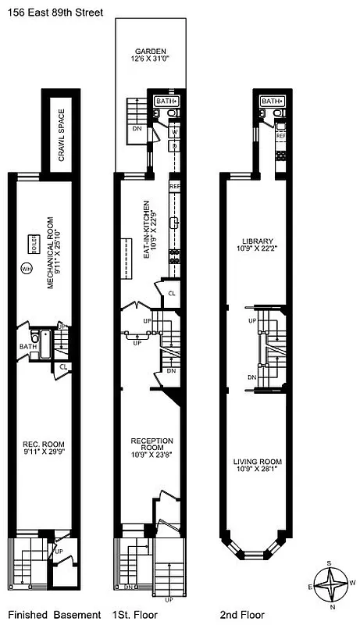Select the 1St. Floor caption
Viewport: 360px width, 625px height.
[136, 615]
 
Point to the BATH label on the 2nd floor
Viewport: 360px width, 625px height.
[270, 101]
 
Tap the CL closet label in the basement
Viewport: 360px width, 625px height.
[63, 366]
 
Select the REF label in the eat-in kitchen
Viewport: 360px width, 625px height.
[175, 186]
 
